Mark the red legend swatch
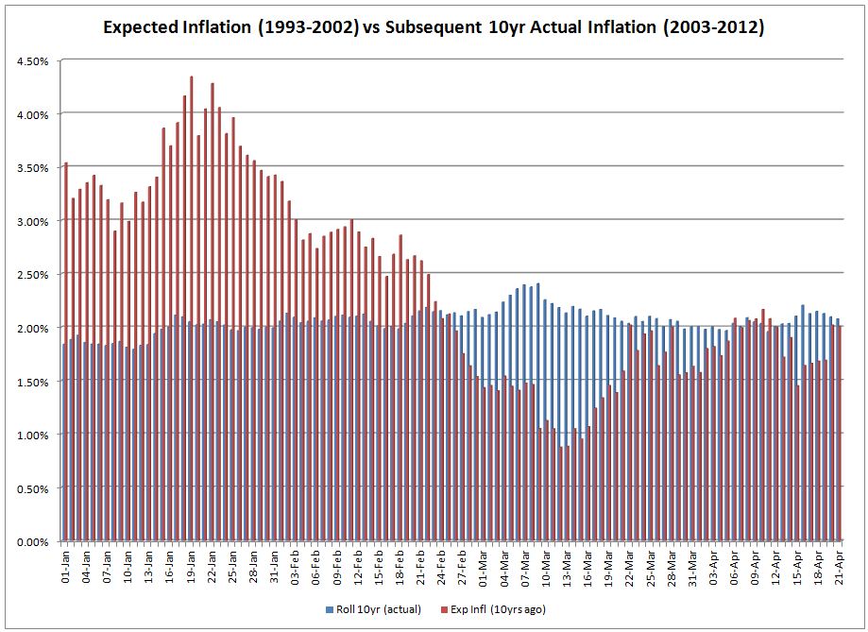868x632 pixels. pyautogui.click(x=460, y=608)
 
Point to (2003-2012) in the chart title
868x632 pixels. pyautogui.click(x=715, y=27)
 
